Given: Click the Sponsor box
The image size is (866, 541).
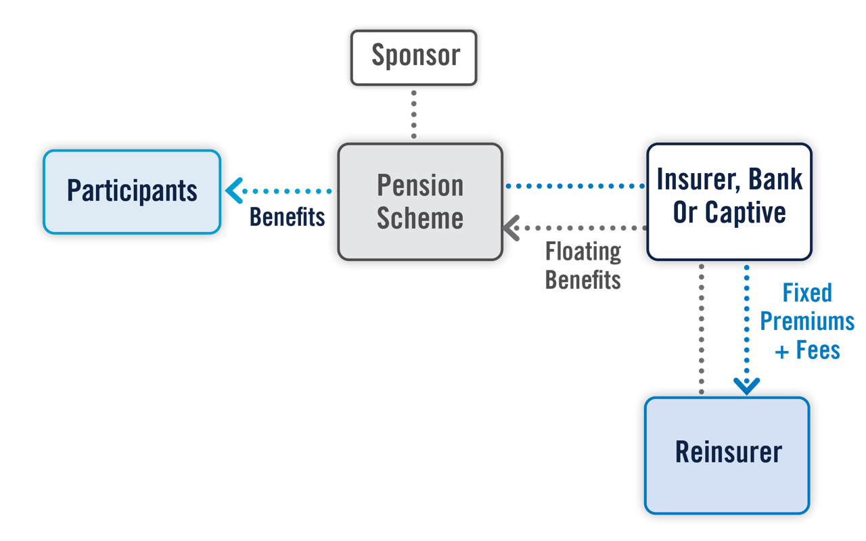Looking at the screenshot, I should tap(415, 56).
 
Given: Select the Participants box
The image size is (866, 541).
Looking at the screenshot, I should tap(132, 191).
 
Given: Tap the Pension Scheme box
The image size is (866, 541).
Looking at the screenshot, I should tap(419, 202).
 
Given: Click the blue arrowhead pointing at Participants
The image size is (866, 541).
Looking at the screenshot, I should tap(233, 191).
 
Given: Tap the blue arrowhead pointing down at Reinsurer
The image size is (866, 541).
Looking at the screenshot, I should tap(746, 386).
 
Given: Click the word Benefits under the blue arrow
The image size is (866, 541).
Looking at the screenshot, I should tap(287, 217).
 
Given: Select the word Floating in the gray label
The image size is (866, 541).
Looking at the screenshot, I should tap(583, 252).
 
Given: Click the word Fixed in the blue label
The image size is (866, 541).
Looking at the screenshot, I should tap(806, 293).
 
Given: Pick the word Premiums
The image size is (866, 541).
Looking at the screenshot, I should tap(806, 322).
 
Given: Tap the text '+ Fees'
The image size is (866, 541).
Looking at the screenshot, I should tap(806, 350).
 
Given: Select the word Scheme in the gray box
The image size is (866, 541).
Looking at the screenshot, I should tap(419, 218).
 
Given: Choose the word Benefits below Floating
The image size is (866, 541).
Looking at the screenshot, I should tap(583, 279).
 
